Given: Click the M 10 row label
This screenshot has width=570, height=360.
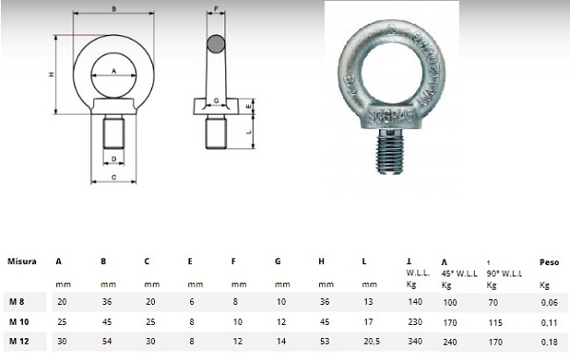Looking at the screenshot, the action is [19, 322].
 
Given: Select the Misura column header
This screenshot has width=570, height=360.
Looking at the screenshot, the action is [22, 261].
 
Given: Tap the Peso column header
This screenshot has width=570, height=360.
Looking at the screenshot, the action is [549, 262].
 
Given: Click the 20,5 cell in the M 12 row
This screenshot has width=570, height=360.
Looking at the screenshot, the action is [371, 341].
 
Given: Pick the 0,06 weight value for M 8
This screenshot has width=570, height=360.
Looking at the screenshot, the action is [549, 303].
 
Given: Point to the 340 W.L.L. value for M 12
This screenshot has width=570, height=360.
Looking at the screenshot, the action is [415, 341].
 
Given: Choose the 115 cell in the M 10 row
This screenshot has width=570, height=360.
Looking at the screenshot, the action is [496, 323].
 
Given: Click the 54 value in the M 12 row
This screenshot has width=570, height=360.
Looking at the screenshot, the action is [106, 341].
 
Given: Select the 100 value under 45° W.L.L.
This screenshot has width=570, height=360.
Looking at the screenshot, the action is [449, 303].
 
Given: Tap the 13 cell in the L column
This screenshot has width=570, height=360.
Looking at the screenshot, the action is [369, 301].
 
